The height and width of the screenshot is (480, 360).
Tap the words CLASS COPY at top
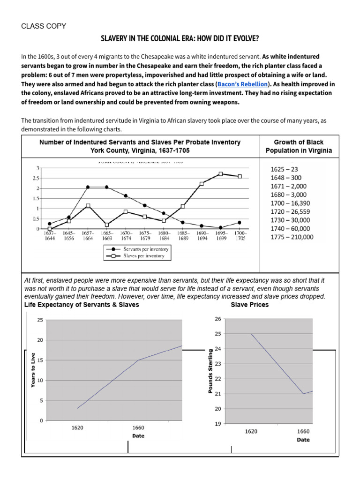[x=44, y=26]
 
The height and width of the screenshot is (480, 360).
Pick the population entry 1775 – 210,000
[x=292, y=237]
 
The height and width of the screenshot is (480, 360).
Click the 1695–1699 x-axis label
[x=221, y=235]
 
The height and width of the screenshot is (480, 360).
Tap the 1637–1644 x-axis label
[x=49, y=235]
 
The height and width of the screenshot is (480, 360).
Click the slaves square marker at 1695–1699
[x=220, y=174]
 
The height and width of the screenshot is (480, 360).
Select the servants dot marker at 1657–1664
[x=88, y=187]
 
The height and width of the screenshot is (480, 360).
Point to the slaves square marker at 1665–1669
[x=107, y=225]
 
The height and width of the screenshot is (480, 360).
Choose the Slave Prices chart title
[x=250, y=305]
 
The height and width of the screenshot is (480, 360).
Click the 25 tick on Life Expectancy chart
[x=39, y=320]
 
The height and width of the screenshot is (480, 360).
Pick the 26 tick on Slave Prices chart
[x=217, y=319]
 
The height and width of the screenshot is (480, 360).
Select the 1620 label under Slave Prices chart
[x=251, y=431]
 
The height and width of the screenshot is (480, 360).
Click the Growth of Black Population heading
[x=299, y=146]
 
